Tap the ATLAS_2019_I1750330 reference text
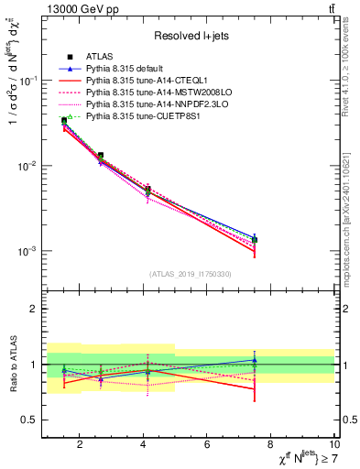pyautogui.click(x=190, y=274)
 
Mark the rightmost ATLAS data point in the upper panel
pyautogui.click(x=255, y=240)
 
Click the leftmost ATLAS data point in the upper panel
pyautogui.click(x=64, y=120)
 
